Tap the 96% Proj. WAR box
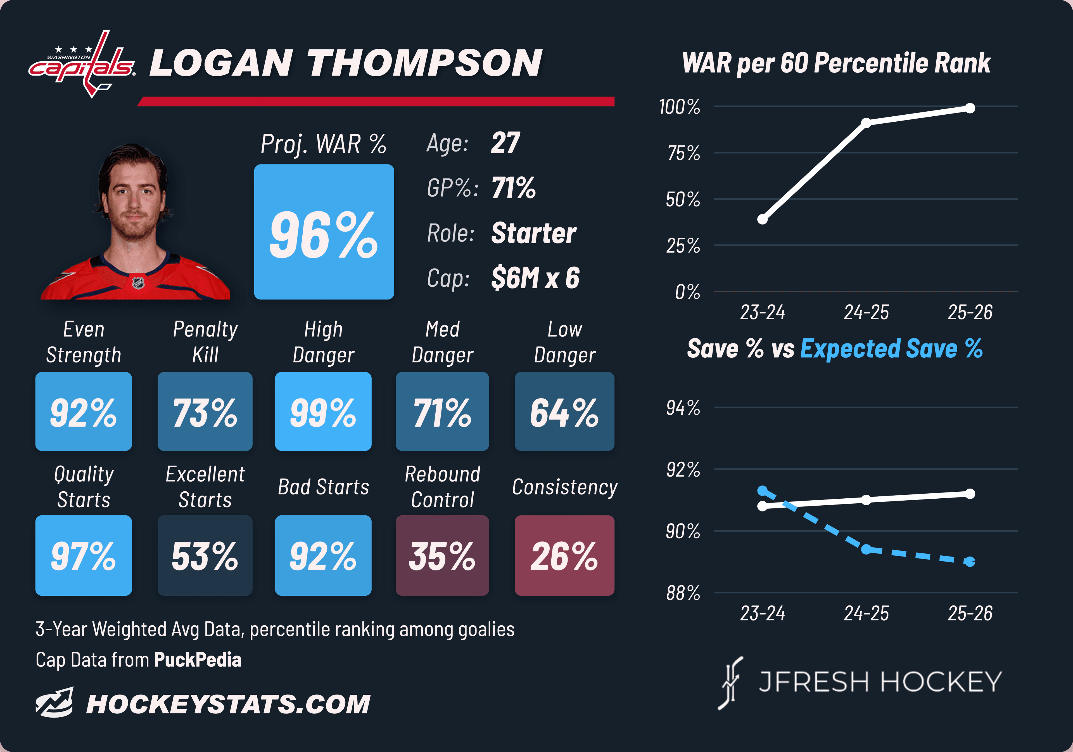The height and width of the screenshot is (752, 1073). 324,232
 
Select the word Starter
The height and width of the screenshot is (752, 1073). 534,233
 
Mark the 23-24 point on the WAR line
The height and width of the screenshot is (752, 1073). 762,219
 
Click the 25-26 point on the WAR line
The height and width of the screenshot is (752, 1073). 970,108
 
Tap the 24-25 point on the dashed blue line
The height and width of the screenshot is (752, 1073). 866,549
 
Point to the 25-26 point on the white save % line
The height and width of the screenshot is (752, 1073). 970,494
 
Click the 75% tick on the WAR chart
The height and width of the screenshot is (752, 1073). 684,153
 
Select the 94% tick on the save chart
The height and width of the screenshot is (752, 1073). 683,408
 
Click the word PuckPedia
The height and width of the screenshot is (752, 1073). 198,660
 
